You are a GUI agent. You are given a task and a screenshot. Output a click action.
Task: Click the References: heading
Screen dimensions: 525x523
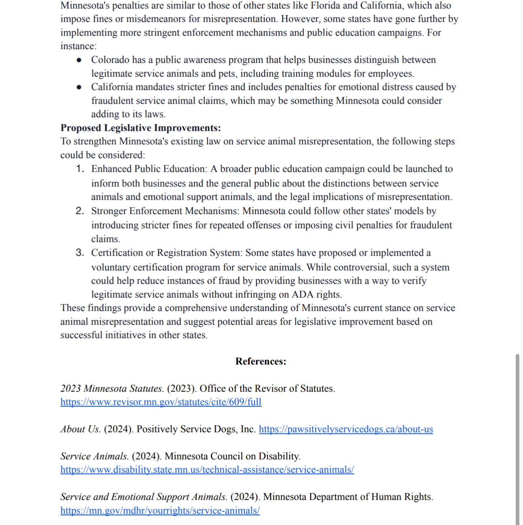[261, 361]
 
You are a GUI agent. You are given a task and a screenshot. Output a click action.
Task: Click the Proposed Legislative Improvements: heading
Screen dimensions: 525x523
[141, 128]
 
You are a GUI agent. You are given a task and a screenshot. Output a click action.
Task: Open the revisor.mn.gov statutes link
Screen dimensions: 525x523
[161, 402]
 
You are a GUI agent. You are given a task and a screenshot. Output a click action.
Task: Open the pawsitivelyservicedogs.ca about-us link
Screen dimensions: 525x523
[346, 429]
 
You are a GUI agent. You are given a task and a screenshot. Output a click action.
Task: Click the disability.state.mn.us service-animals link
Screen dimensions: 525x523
[207, 469]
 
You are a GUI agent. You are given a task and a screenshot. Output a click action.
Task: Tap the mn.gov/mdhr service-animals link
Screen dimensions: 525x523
[160, 510]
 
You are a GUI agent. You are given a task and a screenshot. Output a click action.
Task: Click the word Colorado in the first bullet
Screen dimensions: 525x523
[110, 60]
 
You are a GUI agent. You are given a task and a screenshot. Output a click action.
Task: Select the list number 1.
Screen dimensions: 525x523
[80, 169]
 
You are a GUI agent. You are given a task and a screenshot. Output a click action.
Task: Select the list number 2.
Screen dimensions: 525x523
[80, 211]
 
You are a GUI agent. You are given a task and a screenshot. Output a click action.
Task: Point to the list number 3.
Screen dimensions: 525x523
[80, 253]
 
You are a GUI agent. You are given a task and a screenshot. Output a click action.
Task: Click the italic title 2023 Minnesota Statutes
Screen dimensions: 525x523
[111, 388]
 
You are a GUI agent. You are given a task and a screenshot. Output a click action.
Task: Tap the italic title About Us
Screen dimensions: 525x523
[80, 429]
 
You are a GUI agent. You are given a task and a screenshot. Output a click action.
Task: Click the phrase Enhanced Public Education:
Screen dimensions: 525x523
[149, 169]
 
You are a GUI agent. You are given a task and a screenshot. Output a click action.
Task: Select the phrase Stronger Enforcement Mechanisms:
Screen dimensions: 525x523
[165, 211]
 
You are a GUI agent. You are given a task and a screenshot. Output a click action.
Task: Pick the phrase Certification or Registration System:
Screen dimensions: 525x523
[167, 253]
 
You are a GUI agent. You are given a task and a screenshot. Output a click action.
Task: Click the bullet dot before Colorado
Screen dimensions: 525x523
[79, 60]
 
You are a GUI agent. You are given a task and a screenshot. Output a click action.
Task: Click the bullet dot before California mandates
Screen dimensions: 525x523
[79, 87]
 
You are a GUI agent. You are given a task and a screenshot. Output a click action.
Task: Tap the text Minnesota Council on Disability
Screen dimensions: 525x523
[232, 456]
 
